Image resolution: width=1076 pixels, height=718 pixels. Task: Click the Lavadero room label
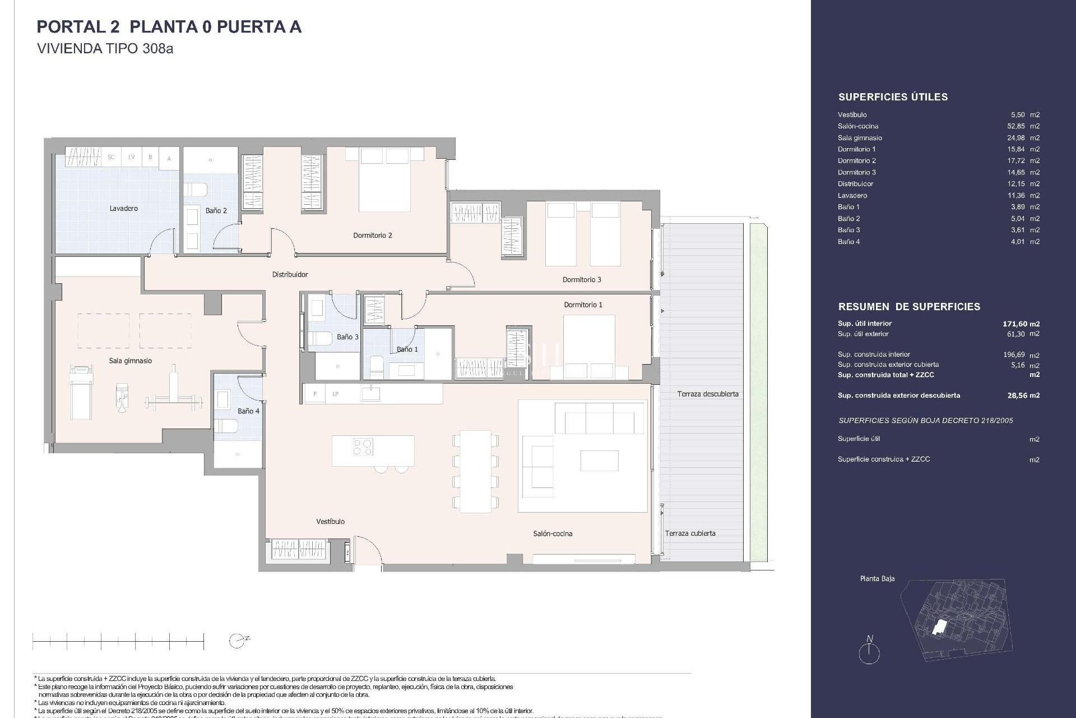[x=123, y=209]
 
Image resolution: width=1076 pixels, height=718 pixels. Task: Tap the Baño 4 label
[x=248, y=411]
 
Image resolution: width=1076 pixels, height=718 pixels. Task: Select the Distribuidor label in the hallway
[x=290, y=275]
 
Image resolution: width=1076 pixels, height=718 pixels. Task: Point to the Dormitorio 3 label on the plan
[x=582, y=280]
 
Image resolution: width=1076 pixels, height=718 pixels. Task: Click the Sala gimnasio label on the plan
[x=130, y=361]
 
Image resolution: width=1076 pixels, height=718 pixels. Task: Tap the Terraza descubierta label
[x=707, y=394]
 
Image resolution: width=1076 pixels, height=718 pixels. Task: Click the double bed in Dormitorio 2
[x=384, y=179]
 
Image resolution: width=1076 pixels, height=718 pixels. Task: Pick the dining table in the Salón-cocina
[x=475, y=471]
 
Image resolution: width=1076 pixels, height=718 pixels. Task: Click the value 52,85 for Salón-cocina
[x=1015, y=126]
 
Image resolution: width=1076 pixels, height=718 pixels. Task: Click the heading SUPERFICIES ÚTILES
[x=893, y=97]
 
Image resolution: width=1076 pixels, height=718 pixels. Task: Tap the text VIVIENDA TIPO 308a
[x=105, y=49]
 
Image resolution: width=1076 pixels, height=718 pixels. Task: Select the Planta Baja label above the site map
[x=877, y=578]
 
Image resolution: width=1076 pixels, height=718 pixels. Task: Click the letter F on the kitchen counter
[x=315, y=394]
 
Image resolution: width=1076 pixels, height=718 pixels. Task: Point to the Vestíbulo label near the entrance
[x=330, y=522]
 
